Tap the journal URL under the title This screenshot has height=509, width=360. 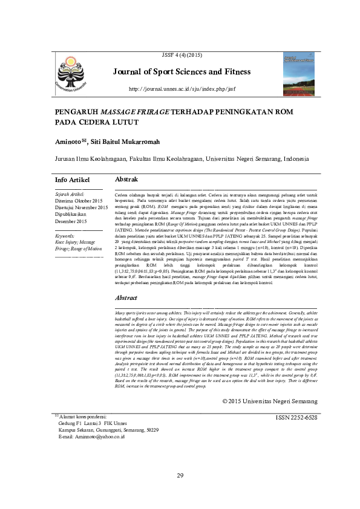click(181, 89)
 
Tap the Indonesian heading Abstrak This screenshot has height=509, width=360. click(126, 180)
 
